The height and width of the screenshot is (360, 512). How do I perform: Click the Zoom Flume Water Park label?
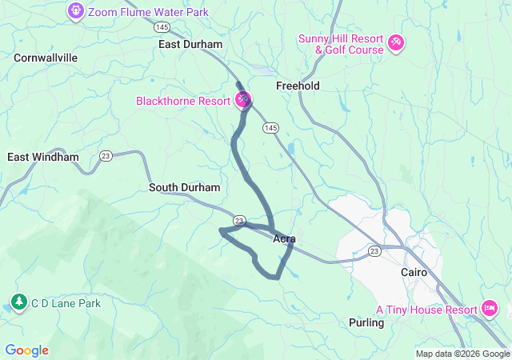[148, 11]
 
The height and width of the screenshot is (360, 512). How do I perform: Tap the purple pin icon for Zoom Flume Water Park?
[76, 11]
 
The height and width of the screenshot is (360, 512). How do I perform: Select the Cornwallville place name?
[46, 58]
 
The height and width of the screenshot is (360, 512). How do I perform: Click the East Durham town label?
[190, 45]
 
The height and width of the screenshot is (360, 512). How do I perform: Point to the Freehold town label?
[298, 86]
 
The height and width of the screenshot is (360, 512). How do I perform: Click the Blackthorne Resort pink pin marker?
[243, 100]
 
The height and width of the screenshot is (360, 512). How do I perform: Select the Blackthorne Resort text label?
[182, 102]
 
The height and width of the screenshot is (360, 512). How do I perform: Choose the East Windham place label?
[43, 157]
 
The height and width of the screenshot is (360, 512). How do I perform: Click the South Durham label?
[184, 187]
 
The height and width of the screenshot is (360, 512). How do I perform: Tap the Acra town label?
[284, 238]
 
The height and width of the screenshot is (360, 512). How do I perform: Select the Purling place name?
[366, 322]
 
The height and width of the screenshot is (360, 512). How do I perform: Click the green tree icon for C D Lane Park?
[18, 302]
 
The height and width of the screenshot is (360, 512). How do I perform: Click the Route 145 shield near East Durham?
[162, 26]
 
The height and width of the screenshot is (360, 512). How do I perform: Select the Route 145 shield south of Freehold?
[270, 128]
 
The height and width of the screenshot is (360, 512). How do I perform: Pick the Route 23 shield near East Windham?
[106, 155]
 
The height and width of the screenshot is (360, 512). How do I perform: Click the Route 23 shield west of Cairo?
[374, 251]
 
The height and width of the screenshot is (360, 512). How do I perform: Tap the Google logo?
[26, 350]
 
